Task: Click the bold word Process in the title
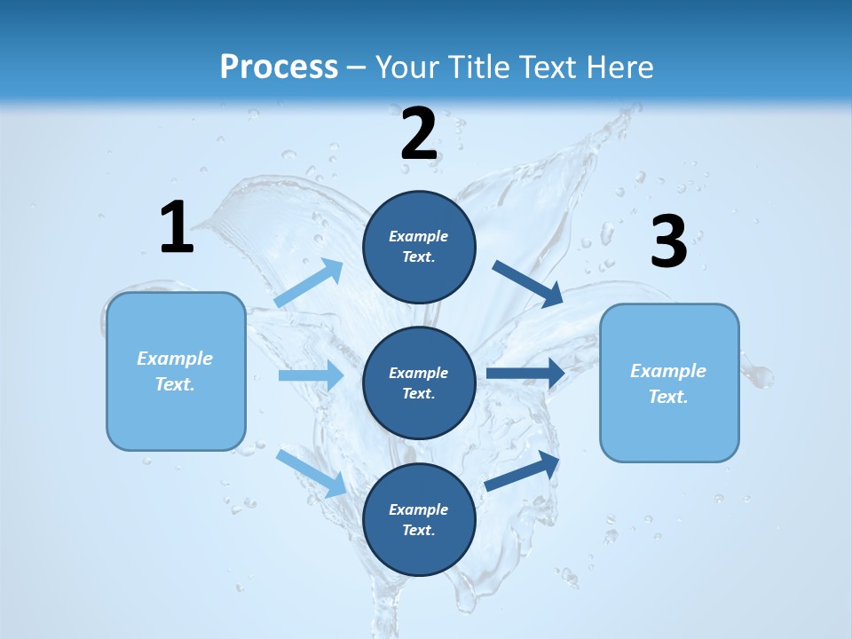279,67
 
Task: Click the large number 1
177,227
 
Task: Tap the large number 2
419,134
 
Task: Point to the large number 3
668,242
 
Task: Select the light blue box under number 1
176,371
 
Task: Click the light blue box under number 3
669,383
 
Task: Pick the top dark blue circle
419,247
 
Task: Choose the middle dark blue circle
419,383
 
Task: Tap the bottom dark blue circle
419,519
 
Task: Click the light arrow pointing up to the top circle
309,283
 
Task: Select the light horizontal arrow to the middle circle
311,375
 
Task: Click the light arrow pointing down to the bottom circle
312,473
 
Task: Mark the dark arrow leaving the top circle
528,284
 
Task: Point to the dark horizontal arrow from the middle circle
525,373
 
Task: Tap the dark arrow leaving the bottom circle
523,470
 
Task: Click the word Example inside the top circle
419,236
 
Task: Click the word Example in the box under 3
668,371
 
